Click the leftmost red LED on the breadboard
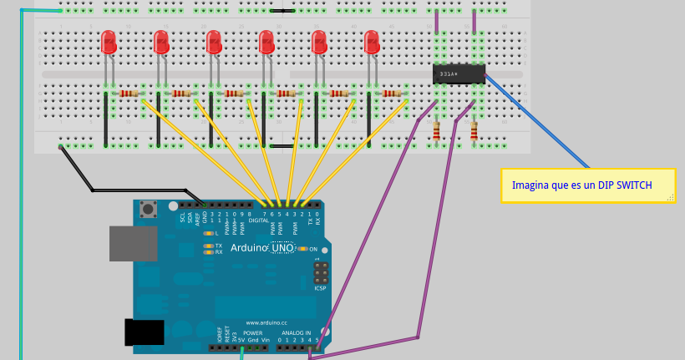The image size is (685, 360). point(108,42)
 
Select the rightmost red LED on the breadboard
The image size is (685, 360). point(371,42)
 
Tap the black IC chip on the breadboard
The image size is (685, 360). point(459,74)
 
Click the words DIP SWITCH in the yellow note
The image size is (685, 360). point(625,185)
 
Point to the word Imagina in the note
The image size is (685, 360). point(531,185)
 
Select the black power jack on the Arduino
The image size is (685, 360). point(143,332)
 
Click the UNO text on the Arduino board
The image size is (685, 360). point(283,248)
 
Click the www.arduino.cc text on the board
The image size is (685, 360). point(266,322)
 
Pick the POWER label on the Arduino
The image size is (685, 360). point(252,332)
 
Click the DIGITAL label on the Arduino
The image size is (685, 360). point(259,220)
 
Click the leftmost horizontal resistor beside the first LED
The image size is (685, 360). point(129,94)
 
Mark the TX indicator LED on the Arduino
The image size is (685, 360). point(209,246)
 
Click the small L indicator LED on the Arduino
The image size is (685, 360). point(209,233)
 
